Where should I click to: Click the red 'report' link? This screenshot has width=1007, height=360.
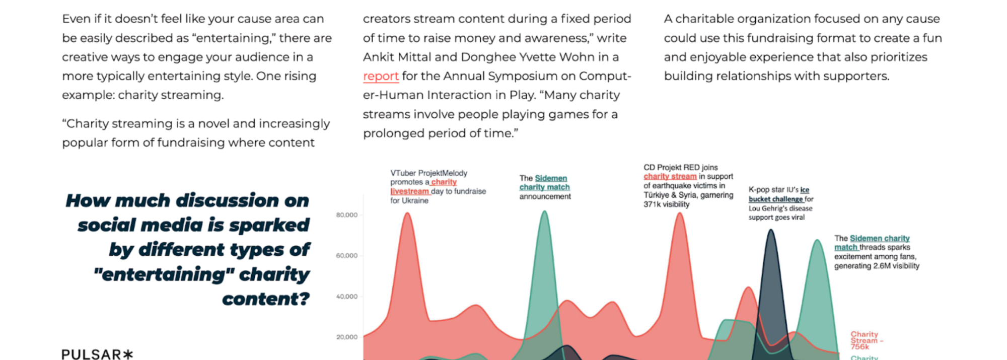click(x=381, y=77)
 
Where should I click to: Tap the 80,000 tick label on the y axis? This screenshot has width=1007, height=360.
click(x=347, y=215)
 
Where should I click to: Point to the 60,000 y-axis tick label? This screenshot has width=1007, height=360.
click(x=347, y=256)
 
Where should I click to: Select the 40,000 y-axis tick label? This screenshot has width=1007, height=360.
click(x=347, y=297)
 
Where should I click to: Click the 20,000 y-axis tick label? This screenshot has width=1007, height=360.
click(x=347, y=337)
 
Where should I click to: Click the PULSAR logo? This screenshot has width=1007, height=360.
click(x=97, y=354)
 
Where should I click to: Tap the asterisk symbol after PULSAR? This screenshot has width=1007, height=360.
click(x=128, y=354)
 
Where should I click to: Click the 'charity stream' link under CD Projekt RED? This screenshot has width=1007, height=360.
click(x=670, y=177)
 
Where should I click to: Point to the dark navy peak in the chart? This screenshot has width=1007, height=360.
click(x=770, y=231)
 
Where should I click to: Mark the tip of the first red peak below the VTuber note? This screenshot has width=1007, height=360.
click(x=407, y=213)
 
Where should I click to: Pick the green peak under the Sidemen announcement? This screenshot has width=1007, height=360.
click(x=544, y=211)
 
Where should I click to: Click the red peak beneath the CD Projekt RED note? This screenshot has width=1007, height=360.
click(x=680, y=213)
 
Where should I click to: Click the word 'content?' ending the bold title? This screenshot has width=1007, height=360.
click(x=266, y=299)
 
